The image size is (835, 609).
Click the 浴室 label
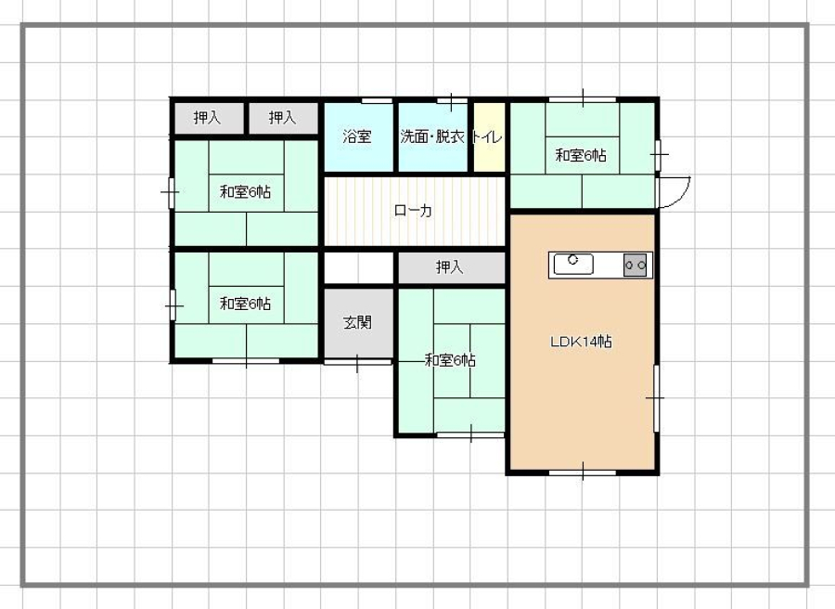click(x=357, y=136)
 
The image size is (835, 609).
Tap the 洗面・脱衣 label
click(x=432, y=136)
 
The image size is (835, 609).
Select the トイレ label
click(x=488, y=136)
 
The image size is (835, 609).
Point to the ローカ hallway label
click(x=413, y=211)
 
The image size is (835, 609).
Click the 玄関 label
click(x=357, y=322)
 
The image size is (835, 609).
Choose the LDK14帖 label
click(x=581, y=342)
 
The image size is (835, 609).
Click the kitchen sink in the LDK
click(x=573, y=264)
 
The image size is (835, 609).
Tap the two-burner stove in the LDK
click(x=635, y=265)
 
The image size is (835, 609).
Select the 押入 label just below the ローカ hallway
click(x=449, y=267)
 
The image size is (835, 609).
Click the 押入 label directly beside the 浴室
click(x=282, y=117)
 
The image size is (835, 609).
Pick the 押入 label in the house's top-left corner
click(x=207, y=117)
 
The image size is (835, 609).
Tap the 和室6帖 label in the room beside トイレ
click(x=581, y=156)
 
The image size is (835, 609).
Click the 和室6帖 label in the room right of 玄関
click(x=451, y=361)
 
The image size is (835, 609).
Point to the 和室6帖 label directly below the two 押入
click(x=246, y=192)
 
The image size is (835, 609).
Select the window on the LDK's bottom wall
click(x=583, y=473)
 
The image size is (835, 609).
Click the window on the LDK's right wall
click(x=656, y=398)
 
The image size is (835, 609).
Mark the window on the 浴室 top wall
click(x=377, y=100)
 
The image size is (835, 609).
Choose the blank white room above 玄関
click(x=359, y=268)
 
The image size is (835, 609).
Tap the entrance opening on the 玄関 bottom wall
click(x=357, y=362)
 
